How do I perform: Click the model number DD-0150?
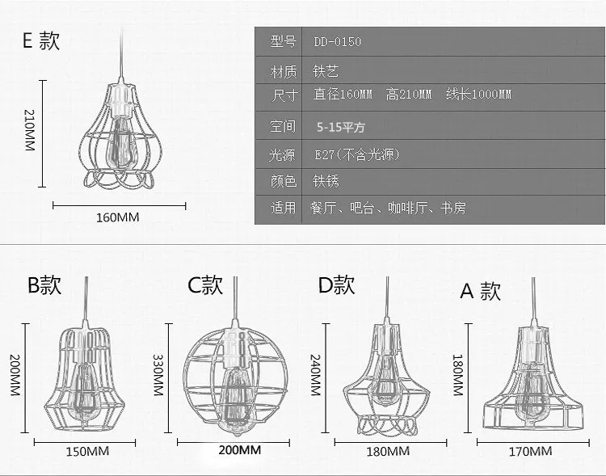[337, 42]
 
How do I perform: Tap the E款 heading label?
[41, 41]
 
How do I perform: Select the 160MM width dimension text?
[118, 217]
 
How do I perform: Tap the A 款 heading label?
[481, 291]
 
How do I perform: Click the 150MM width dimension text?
[88, 450]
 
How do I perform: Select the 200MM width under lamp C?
[240, 450]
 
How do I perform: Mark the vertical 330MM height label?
[158, 378]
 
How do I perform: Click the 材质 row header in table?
[284, 71]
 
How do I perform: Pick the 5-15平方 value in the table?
[341, 127]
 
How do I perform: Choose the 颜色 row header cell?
[284, 181]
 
